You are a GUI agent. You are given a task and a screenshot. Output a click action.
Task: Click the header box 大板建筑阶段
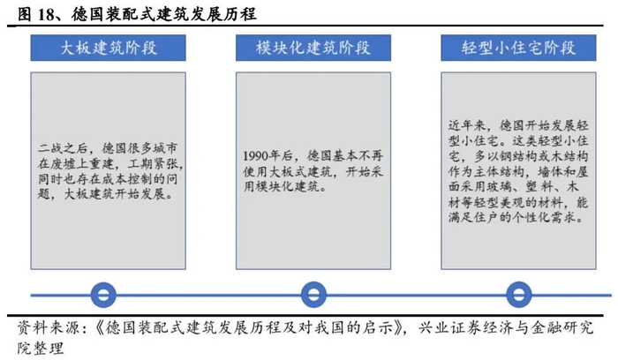coord(103,47)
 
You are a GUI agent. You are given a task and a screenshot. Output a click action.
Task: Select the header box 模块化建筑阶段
coord(312,47)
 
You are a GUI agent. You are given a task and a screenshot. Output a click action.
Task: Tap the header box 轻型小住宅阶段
coord(518,47)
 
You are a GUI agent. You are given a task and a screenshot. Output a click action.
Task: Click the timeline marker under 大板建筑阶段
coord(103,295)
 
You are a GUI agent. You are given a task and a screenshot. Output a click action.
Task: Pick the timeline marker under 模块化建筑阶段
coord(312,295)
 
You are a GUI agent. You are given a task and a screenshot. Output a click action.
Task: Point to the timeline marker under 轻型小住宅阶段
coord(518,295)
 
